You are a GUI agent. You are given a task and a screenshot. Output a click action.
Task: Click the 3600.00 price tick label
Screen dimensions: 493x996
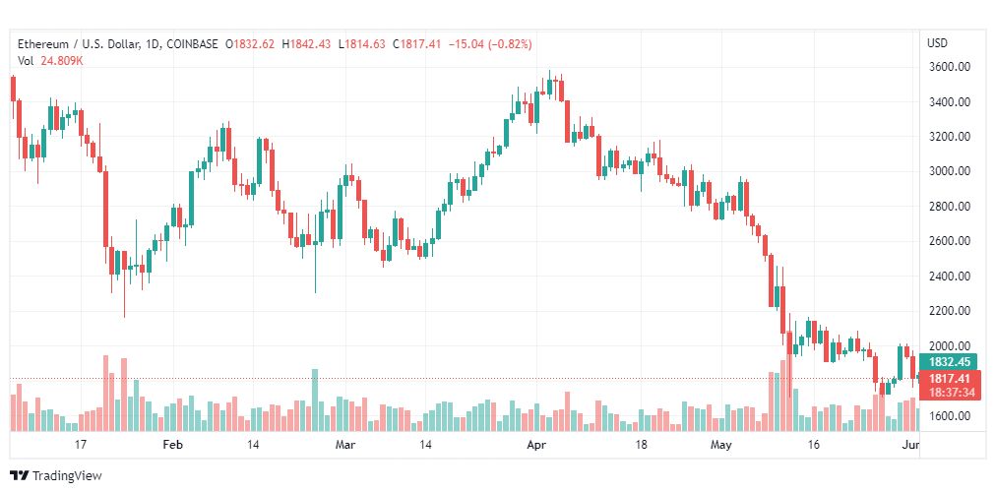coord(950,67)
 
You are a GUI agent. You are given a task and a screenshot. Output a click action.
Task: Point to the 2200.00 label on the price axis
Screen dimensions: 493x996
coord(950,311)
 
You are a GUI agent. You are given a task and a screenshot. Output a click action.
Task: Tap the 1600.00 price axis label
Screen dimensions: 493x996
coord(950,415)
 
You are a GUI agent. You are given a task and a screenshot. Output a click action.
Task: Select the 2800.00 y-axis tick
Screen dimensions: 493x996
coord(950,207)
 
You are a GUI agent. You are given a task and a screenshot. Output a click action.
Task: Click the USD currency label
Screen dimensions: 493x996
coord(937,43)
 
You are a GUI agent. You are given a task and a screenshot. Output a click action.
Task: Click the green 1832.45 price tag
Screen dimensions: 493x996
coord(950,361)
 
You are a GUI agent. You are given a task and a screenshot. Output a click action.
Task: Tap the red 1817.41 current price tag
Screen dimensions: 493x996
coord(950,378)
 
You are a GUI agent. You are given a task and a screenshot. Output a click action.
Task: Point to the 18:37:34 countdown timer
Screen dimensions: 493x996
coord(950,392)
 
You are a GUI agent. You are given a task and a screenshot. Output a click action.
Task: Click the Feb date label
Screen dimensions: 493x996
coord(172,445)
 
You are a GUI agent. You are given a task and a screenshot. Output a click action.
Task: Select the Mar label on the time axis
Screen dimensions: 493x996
coord(344,445)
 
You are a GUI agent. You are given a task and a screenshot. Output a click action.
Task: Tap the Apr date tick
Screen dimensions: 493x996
coord(535,445)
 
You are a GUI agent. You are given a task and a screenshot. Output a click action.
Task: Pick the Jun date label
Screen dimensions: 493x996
coord(910,445)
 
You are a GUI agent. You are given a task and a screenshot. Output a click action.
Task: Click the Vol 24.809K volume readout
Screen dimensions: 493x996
coord(50,61)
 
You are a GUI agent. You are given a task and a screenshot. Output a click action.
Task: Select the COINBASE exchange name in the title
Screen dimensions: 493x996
coord(192,44)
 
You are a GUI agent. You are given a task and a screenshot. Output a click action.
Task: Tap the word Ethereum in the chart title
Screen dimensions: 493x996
coord(45,44)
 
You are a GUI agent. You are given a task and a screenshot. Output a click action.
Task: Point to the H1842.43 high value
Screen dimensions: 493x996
coord(307,44)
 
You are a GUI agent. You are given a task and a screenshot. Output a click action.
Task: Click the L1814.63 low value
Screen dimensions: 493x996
coord(361,44)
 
